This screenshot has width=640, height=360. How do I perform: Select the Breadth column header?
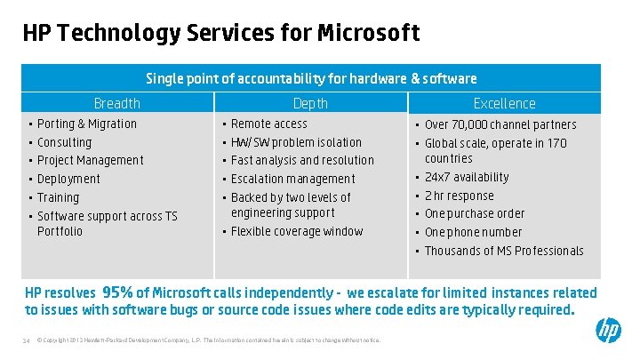[117, 103]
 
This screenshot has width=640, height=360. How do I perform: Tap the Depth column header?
[310, 103]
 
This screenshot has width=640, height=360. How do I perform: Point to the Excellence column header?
[504, 103]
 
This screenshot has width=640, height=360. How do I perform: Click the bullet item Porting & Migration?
[87, 124]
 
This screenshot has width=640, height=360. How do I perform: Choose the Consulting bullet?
[64, 142]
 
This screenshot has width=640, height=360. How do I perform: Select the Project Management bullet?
[90, 160]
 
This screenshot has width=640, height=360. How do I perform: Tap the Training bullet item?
[58, 197]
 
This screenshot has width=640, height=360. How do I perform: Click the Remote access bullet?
[268, 124]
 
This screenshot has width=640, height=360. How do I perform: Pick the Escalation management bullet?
[292, 179]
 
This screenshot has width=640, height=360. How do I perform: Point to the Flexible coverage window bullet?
[297, 232]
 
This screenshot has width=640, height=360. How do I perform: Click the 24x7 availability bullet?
[467, 178]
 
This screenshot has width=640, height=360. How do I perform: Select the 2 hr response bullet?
[459, 196]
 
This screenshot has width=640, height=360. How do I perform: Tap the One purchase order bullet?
[474, 213]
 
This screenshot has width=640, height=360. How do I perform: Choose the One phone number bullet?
[473, 232]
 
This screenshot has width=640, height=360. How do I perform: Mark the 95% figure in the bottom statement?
[117, 292]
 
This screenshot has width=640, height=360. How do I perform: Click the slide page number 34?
[26, 340]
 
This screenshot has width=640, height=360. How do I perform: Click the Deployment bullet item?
[68, 179]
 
